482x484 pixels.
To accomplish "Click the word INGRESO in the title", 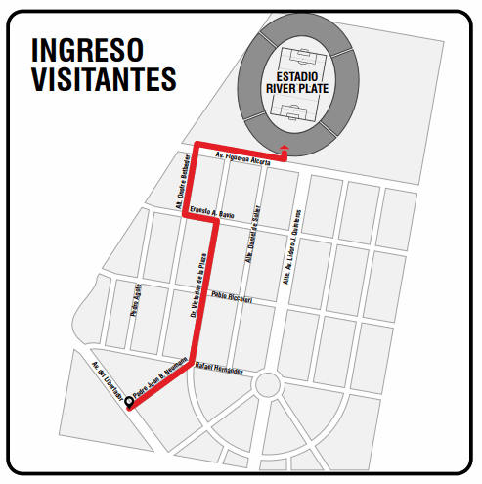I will (87, 49).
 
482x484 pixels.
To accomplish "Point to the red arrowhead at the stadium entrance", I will (284, 149).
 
